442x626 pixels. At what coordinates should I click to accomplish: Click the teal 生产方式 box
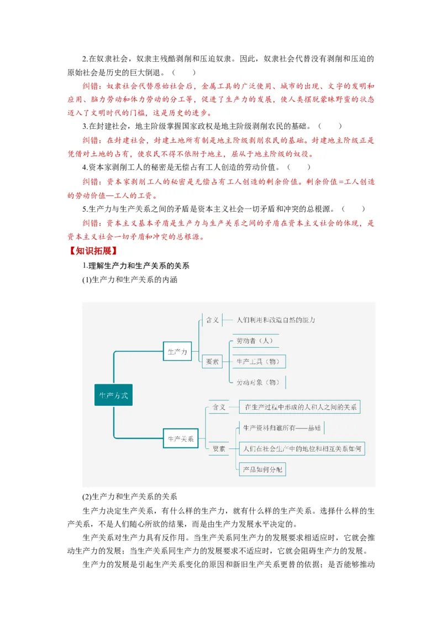pos(113,395)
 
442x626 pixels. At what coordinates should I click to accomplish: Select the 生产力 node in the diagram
pos(177,351)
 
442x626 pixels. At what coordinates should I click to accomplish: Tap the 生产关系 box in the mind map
pos(181,439)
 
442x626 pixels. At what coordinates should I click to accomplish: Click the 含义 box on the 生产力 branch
pos(213,320)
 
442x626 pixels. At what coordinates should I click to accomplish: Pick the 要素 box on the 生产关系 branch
pos(219,449)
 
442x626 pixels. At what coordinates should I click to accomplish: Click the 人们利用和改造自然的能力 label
pos(275,320)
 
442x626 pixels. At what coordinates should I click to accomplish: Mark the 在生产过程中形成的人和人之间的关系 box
pos(300,407)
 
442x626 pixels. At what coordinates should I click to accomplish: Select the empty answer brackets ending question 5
pos(354,209)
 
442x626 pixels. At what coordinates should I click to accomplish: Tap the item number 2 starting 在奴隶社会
pos(85,58)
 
